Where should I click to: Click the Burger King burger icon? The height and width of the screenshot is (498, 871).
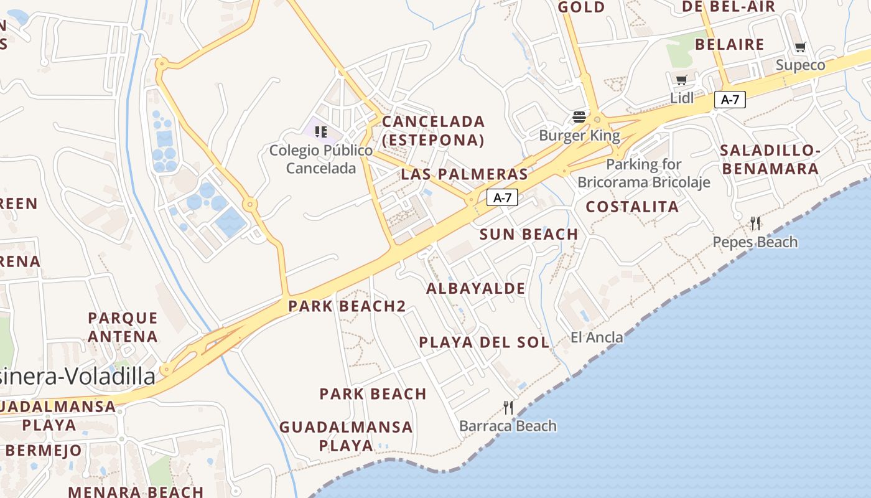click(579, 117)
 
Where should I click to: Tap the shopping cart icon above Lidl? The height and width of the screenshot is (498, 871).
click(681, 80)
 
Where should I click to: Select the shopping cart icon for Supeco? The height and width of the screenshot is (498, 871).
click(801, 47)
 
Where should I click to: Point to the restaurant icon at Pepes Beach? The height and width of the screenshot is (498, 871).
click(755, 223)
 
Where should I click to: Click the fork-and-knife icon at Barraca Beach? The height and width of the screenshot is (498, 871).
click(508, 408)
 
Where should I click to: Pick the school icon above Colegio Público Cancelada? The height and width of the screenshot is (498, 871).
click(321, 131)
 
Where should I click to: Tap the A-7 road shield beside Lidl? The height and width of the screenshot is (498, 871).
click(730, 99)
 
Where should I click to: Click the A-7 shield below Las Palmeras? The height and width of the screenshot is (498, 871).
click(502, 198)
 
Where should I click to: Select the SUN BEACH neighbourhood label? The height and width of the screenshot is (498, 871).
click(529, 235)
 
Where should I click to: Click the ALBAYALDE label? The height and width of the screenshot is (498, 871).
click(476, 289)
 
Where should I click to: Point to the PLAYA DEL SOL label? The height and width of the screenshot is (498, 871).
click(484, 342)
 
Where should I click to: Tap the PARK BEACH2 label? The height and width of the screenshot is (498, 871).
click(347, 306)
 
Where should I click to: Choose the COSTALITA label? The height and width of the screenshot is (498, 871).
click(632, 207)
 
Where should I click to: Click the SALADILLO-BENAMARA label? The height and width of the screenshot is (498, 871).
click(770, 159)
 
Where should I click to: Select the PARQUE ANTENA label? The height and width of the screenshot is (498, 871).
click(123, 327)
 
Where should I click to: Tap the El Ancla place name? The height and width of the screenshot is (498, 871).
click(597, 337)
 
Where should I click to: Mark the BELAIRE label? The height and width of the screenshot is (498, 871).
click(729, 45)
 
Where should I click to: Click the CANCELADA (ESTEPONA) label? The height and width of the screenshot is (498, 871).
click(433, 131)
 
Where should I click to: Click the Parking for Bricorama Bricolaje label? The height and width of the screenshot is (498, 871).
click(644, 174)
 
